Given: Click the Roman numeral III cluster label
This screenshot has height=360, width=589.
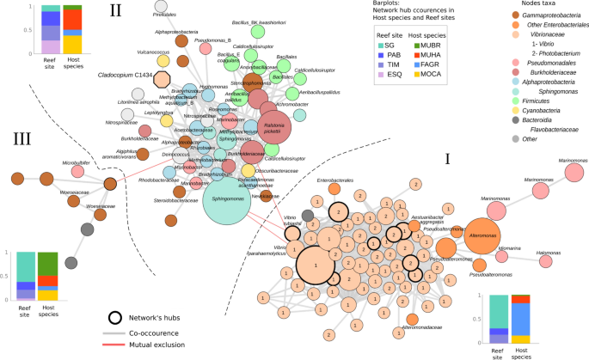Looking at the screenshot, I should [23, 137].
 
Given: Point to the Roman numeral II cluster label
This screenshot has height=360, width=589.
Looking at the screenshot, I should [114, 12].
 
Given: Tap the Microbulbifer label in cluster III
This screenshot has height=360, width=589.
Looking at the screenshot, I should [76, 162].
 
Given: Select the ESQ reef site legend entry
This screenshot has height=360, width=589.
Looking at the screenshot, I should [359, 75].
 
